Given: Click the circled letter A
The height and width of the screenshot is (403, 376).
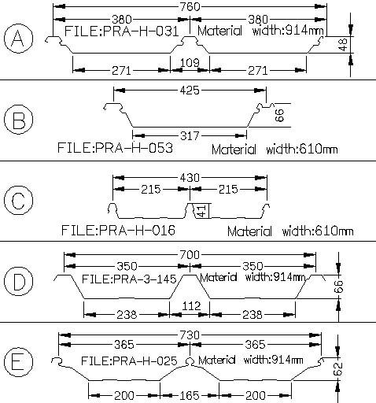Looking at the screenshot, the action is point(19,38).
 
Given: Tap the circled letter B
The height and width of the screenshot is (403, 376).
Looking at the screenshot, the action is point(19,119).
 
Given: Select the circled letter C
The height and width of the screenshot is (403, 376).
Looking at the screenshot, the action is point(19,200).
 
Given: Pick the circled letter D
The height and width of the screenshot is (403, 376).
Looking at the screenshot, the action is point(19,281).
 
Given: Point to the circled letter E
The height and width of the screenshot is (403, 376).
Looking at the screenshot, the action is point(19,361).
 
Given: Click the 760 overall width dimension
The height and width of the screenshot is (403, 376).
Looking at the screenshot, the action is point(190,6).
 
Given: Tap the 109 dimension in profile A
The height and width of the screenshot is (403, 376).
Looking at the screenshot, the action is point(190,63).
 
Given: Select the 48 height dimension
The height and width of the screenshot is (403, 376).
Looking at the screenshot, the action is point(343,44).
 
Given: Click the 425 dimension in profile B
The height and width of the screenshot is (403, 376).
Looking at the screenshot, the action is point(190,91).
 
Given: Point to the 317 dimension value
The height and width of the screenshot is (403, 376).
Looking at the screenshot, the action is point(190,136).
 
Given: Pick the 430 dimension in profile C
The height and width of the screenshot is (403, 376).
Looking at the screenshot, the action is point(190,178).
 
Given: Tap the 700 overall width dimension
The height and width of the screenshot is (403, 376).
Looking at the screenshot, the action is point(190,255).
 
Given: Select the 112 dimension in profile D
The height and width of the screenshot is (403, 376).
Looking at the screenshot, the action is point(191,306).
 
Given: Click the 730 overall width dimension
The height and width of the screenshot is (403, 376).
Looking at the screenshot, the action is point(190,335).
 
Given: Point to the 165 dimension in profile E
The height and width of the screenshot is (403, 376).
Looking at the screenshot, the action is point(190,395).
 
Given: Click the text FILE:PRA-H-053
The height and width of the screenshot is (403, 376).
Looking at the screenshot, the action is point(115,148).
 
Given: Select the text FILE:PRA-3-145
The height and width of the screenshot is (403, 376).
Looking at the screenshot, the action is point(129,279).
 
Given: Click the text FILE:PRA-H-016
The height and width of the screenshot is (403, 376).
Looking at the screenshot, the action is point(118,231).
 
